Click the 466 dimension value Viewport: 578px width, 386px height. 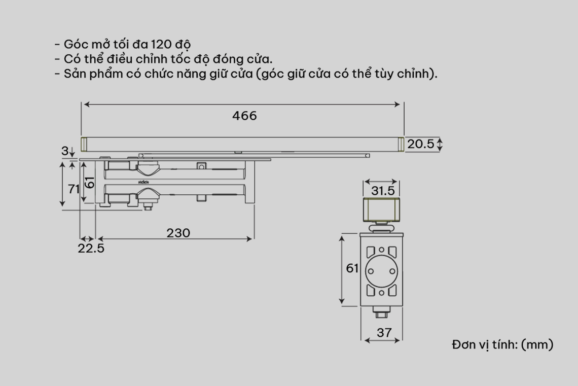click(x=244, y=116)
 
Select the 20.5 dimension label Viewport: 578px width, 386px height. click(x=421, y=144)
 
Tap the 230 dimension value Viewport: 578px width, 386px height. click(x=178, y=233)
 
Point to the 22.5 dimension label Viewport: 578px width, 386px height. click(x=91, y=249)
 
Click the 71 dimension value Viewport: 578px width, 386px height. click(x=74, y=189)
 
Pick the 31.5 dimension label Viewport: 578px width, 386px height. click(x=383, y=191)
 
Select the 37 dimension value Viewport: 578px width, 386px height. click(x=384, y=333)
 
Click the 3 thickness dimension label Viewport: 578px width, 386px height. click(x=65, y=151)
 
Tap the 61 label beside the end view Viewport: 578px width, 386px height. click(x=352, y=268)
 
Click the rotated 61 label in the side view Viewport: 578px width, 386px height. click(x=90, y=182)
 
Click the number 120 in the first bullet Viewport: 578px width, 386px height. click(x=161, y=44)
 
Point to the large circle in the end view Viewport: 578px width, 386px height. click(x=381, y=271)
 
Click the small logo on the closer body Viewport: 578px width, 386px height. click(x=143, y=182)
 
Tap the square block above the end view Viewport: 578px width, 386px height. click(x=381, y=209)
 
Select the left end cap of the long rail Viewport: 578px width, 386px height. click(x=84, y=144)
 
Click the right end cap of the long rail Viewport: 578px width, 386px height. click(x=401, y=144)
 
